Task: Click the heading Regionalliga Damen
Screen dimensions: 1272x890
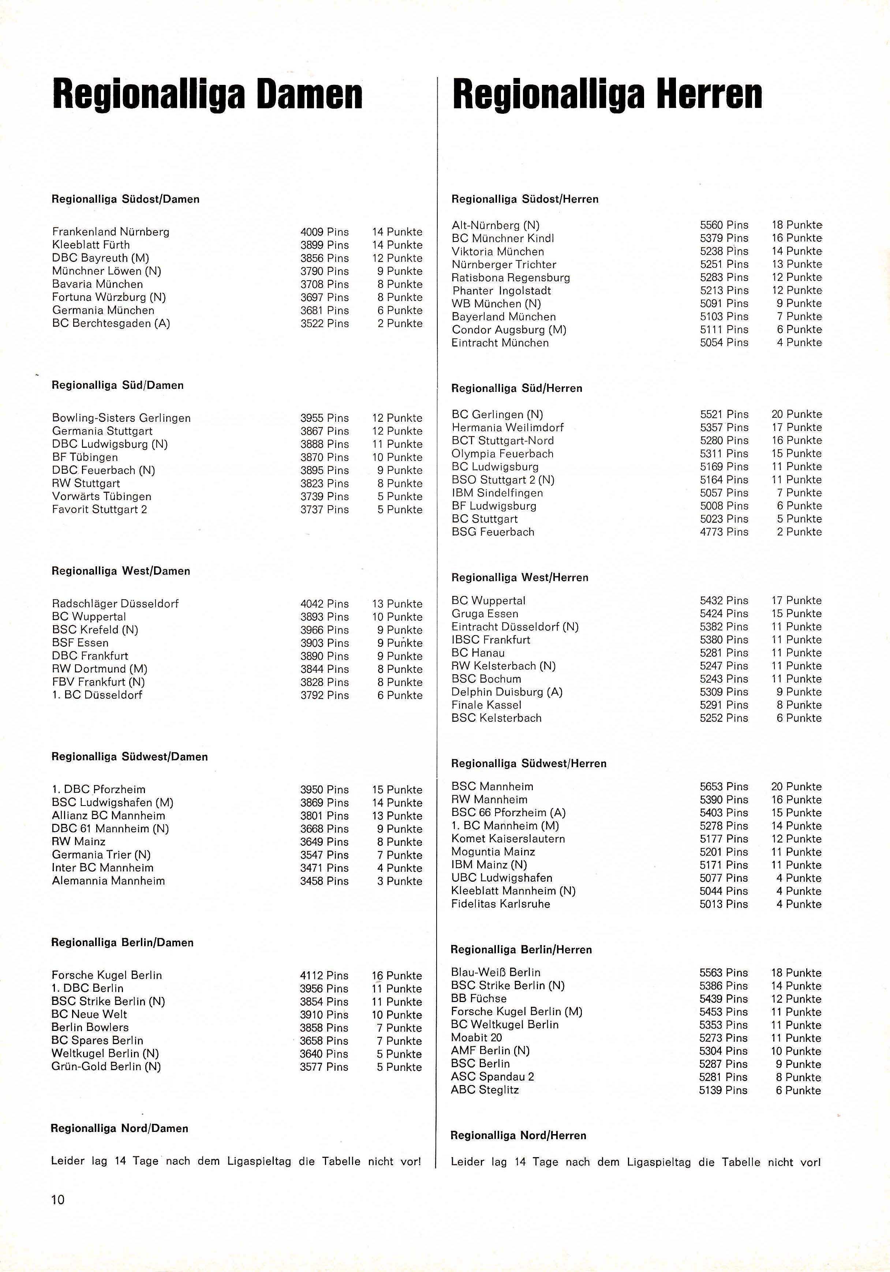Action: (207, 95)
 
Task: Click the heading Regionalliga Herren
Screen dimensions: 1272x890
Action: (607, 95)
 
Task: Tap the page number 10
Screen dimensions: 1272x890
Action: (57, 1200)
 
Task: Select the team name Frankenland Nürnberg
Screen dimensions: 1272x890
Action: (111, 232)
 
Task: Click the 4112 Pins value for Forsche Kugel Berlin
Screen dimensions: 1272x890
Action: (324, 975)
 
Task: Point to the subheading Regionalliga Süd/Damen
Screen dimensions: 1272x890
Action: (117, 385)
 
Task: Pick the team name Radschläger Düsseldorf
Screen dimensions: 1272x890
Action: (115, 603)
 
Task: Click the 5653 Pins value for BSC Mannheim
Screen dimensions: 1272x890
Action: (724, 786)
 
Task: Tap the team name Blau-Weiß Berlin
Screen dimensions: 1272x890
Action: (496, 972)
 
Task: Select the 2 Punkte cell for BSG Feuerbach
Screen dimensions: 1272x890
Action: (799, 532)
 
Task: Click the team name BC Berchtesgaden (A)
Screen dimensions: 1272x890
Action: (111, 323)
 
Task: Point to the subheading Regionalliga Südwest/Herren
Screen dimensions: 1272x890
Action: (529, 763)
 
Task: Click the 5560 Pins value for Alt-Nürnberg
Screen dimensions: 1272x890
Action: (724, 225)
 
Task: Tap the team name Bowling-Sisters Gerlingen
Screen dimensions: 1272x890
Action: (121, 418)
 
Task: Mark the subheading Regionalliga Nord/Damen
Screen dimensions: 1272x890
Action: (120, 1128)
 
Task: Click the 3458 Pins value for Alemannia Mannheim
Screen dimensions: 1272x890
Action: (324, 881)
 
